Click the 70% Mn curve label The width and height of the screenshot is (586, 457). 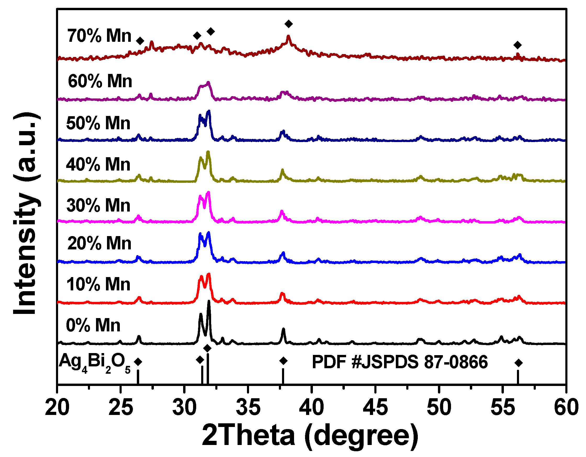[99, 36]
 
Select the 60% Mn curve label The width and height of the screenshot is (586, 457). [100, 81]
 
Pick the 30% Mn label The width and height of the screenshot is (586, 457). [98, 206]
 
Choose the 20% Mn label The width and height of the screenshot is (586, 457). [99, 243]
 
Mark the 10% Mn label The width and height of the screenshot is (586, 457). [98, 284]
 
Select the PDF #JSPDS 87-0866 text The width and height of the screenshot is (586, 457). [399, 362]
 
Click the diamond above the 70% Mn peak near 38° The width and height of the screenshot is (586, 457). [289, 24]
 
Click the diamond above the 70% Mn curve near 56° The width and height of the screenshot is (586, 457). [517, 45]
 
